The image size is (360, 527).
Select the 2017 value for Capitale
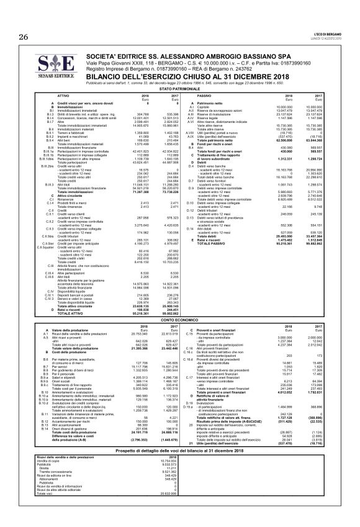point(313,107)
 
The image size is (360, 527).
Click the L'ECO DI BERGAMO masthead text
point(328,31)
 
